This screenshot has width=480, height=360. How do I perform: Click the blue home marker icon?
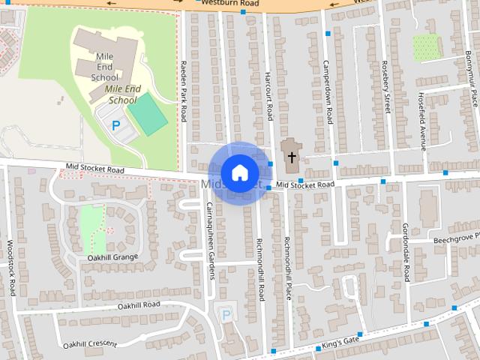coord(239,172)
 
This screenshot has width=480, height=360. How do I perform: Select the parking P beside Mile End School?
coord(115,126)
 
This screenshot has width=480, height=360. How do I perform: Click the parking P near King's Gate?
coord(226,315)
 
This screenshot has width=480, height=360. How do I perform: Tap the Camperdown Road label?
coord(328,91)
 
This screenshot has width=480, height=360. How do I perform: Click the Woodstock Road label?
coord(10,267)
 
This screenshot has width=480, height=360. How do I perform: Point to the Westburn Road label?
coord(237,4)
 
